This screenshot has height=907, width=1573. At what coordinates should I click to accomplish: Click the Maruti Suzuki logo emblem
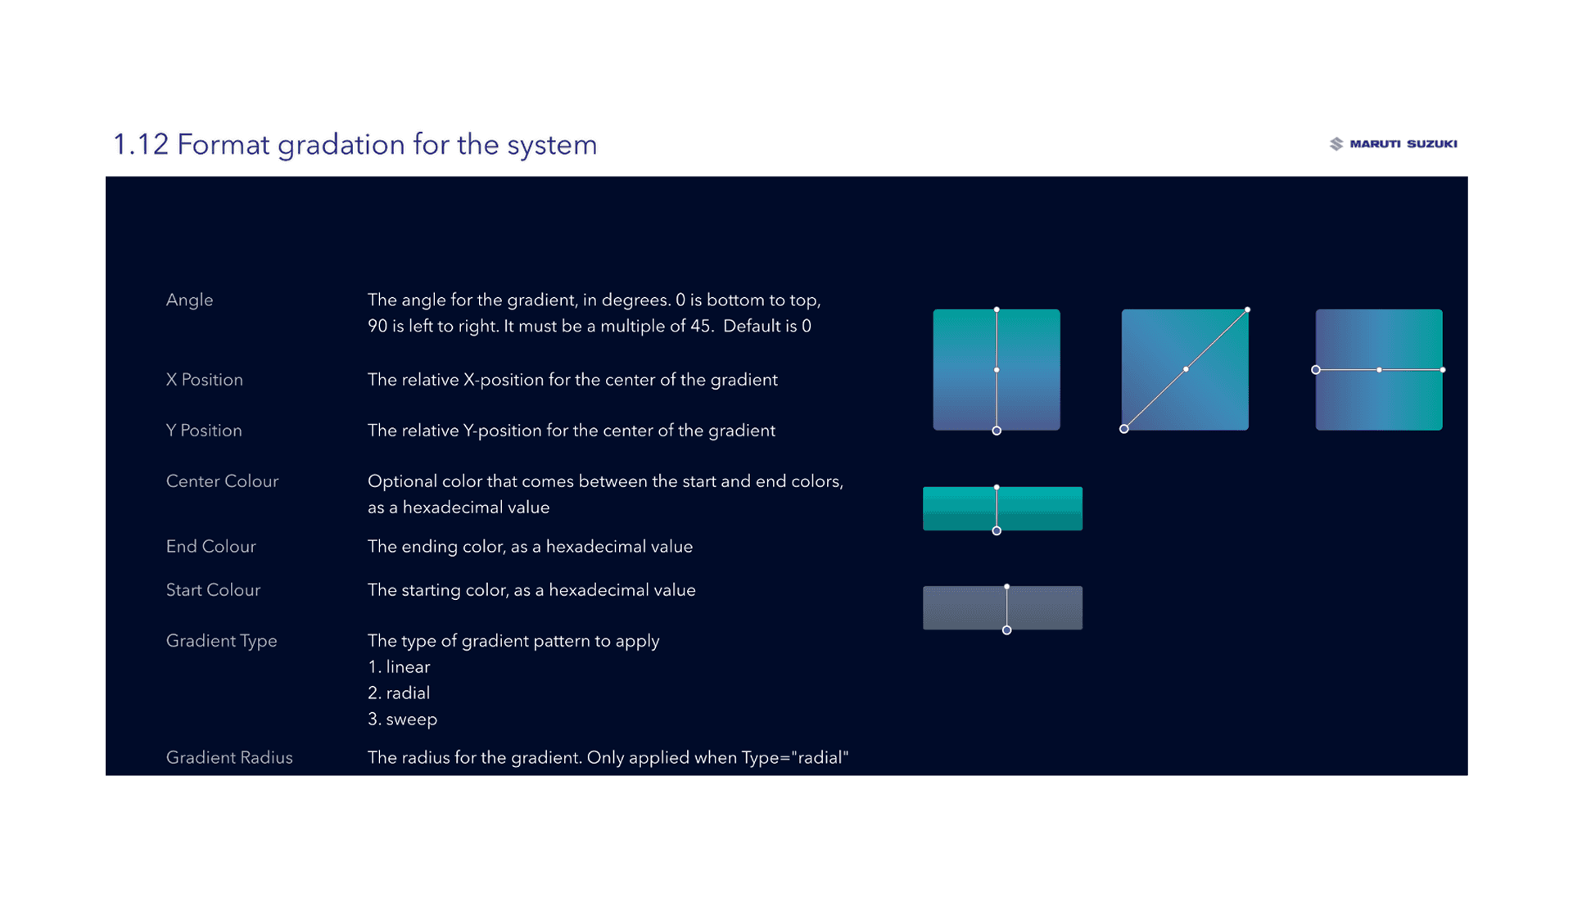(1336, 144)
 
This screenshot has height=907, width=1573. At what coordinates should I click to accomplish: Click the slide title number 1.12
(140, 145)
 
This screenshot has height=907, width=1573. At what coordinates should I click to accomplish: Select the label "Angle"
(189, 300)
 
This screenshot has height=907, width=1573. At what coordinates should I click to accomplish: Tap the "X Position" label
(204, 380)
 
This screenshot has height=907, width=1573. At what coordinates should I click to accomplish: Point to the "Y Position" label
(204, 431)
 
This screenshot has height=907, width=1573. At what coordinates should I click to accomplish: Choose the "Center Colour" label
(222, 481)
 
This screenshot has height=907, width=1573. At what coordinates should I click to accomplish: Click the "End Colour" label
(210, 547)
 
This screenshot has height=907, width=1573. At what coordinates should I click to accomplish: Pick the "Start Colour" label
(213, 590)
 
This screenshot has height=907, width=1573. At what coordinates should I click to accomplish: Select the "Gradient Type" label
(221, 641)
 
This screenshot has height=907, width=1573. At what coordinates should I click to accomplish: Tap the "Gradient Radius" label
(229, 758)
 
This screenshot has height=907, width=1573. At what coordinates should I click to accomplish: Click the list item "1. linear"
(399, 667)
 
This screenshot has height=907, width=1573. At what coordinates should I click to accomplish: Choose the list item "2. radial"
(399, 693)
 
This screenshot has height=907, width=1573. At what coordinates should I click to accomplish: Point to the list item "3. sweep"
(402, 720)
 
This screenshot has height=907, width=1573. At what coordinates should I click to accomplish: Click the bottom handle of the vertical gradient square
(997, 431)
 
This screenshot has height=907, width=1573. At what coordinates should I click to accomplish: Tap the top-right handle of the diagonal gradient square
(1247, 310)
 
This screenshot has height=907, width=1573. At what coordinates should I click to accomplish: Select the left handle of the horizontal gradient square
(1316, 370)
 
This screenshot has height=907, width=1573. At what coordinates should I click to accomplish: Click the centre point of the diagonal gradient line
(1186, 370)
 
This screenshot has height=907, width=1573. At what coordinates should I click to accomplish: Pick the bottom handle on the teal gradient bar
(997, 531)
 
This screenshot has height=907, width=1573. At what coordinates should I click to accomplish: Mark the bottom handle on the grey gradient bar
(1007, 630)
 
